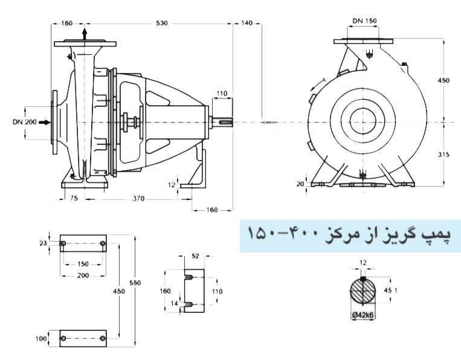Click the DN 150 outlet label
(364, 21)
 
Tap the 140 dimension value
(247, 23)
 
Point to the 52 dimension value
(195, 257)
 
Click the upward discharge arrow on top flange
(84, 33)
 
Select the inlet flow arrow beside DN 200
(48, 122)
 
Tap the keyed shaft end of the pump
(223, 122)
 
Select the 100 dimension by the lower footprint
(42, 339)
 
